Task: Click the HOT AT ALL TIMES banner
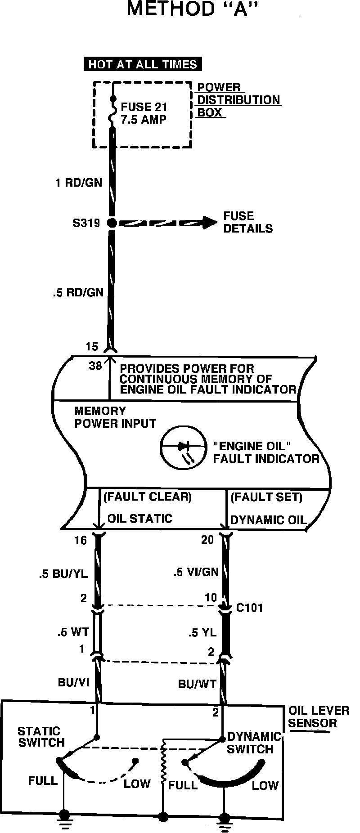143,64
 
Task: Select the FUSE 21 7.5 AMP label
144,113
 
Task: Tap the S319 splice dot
112,223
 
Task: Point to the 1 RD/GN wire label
78,183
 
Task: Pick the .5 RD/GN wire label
78,293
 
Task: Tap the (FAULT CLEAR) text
148,497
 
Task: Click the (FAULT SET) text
266,497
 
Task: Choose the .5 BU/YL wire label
63,574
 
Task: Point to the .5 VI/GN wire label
196,573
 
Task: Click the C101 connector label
250,608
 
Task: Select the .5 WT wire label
73,632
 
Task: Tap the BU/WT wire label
197,684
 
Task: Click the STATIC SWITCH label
41,737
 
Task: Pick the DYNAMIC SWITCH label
253,743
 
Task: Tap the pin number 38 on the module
95,366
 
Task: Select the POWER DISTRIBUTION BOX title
238,100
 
